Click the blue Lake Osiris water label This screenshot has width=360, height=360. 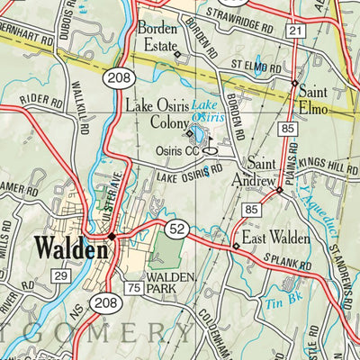point(209,112)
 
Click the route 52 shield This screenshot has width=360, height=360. point(176,231)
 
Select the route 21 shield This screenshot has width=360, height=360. point(294,31)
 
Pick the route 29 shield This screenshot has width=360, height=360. point(61,275)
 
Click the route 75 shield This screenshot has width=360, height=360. point(133,288)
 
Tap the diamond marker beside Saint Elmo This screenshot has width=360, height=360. point(294,83)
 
